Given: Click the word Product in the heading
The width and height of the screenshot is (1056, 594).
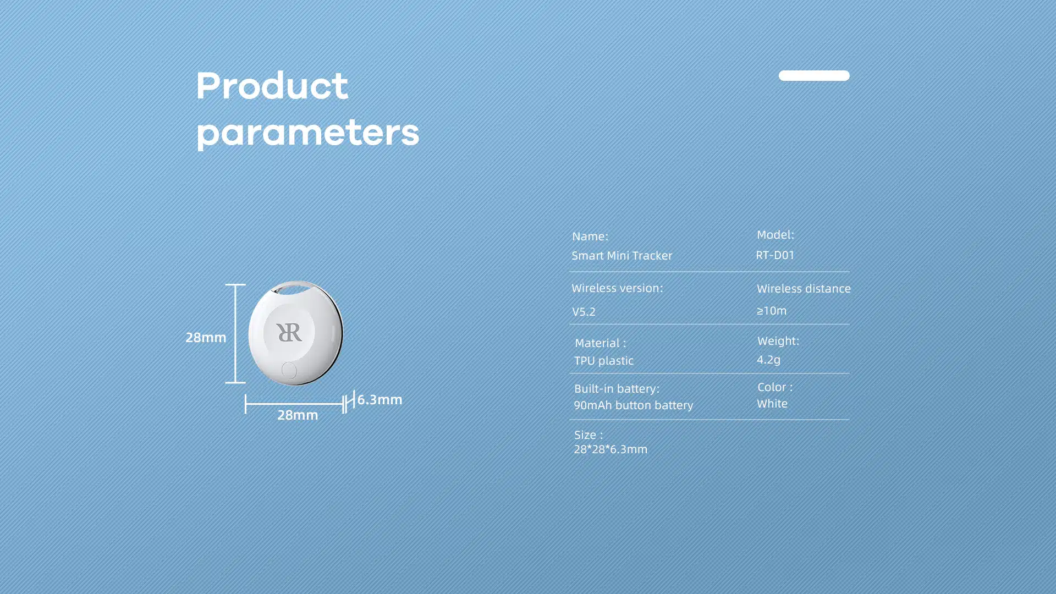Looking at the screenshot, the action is tap(272, 86).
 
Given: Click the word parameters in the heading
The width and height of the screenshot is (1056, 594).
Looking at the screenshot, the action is tap(308, 134).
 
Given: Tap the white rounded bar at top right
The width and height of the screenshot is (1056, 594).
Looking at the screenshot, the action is tap(814, 75).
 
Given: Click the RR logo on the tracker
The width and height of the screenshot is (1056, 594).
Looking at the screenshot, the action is tap(289, 332).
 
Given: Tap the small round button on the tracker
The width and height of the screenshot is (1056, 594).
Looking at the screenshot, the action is tap(289, 370).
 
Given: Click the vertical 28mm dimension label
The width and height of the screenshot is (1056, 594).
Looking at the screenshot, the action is tap(206, 337).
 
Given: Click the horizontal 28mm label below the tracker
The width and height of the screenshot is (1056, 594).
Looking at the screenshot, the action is tap(298, 415).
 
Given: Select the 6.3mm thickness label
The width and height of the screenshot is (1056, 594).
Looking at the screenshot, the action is tap(380, 399).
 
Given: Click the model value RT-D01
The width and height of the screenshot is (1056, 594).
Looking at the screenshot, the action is tap(776, 255).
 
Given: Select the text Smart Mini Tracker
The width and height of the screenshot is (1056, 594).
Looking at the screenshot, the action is tap(622, 255).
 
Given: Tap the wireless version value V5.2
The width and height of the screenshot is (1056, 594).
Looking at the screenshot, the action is tap(584, 312).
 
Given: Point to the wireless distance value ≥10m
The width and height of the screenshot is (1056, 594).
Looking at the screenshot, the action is tap(772, 311).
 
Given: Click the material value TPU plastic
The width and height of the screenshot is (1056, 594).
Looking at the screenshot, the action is tap(604, 361).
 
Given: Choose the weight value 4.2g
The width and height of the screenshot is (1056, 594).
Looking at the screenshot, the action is tap(768, 360).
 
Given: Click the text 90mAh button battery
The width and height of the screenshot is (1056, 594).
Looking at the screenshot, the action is tap(634, 405).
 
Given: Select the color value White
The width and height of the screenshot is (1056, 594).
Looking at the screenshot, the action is tap(772, 404).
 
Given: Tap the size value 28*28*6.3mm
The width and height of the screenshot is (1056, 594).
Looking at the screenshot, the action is tap(610, 449).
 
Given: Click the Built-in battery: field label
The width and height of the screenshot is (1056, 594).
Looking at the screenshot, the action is tap(617, 388).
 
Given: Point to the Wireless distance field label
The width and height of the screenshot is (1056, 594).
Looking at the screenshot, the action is tap(804, 289).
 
